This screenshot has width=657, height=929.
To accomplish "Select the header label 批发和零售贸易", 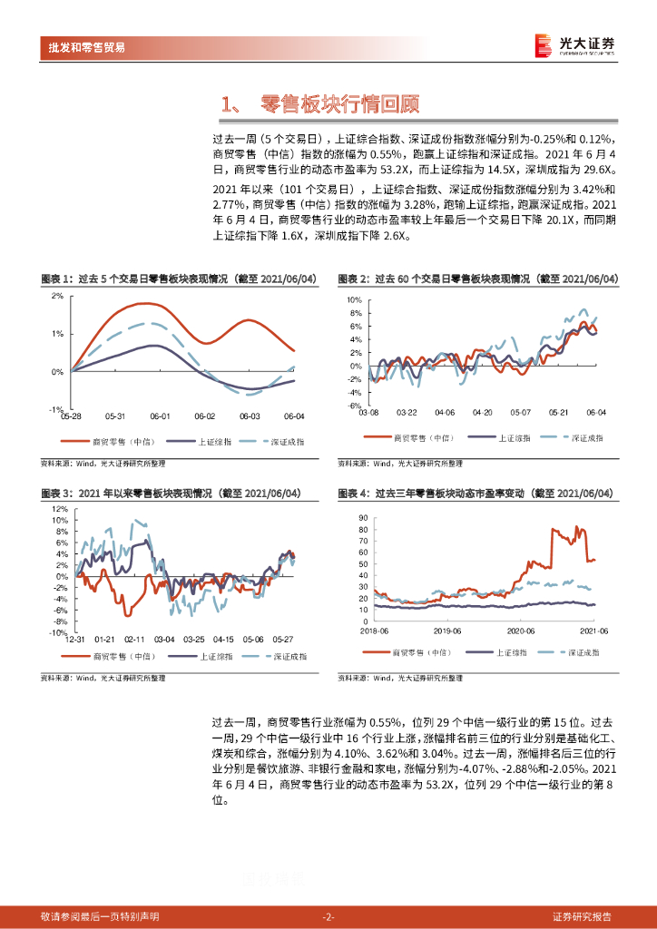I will coord(87,47).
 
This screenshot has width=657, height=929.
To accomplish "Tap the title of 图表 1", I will coord(178,279).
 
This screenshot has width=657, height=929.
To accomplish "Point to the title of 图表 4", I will coord(476,493).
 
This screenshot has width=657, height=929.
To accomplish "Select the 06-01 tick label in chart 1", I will coord(160,416).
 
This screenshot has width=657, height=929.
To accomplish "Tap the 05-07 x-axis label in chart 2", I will coord(520,411).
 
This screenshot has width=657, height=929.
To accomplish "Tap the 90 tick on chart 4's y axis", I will coord(361,517).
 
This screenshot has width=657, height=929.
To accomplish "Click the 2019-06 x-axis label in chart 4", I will coord(447,630).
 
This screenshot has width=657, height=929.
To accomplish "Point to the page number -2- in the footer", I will coord(328,916).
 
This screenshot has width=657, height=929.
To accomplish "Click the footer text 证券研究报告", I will coord(582,916).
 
